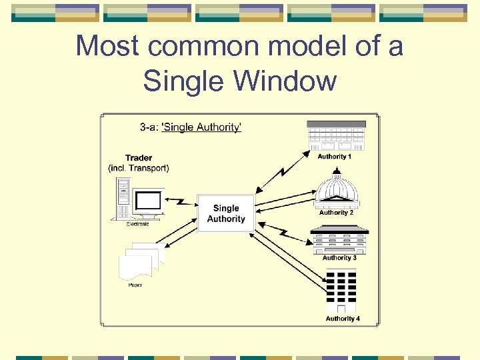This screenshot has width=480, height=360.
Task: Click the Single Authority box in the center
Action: pyautogui.click(x=225, y=213)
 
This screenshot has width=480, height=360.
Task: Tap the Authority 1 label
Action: pyautogui.click(x=335, y=157)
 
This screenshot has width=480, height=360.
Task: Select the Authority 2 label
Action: pyautogui.click(x=336, y=213)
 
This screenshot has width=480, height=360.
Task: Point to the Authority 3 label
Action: pyautogui.click(x=339, y=258)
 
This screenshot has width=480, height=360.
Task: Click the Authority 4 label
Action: pyautogui.click(x=343, y=319)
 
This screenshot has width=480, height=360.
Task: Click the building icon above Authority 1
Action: pyautogui.click(x=336, y=136)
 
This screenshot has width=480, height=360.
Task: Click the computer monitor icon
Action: pyautogui.click(x=147, y=202)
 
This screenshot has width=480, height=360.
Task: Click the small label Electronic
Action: pyautogui.click(x=138, y=224)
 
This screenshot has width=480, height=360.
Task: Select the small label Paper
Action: pyautogui.click(x=135, y=285)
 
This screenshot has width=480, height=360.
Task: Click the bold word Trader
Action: pyautogui.click(x=139, y=158)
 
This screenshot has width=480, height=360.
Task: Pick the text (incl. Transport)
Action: pyautogui.click(x=139, y=168)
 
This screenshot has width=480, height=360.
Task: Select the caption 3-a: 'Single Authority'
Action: pyautogui.click(x=191, y=127)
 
